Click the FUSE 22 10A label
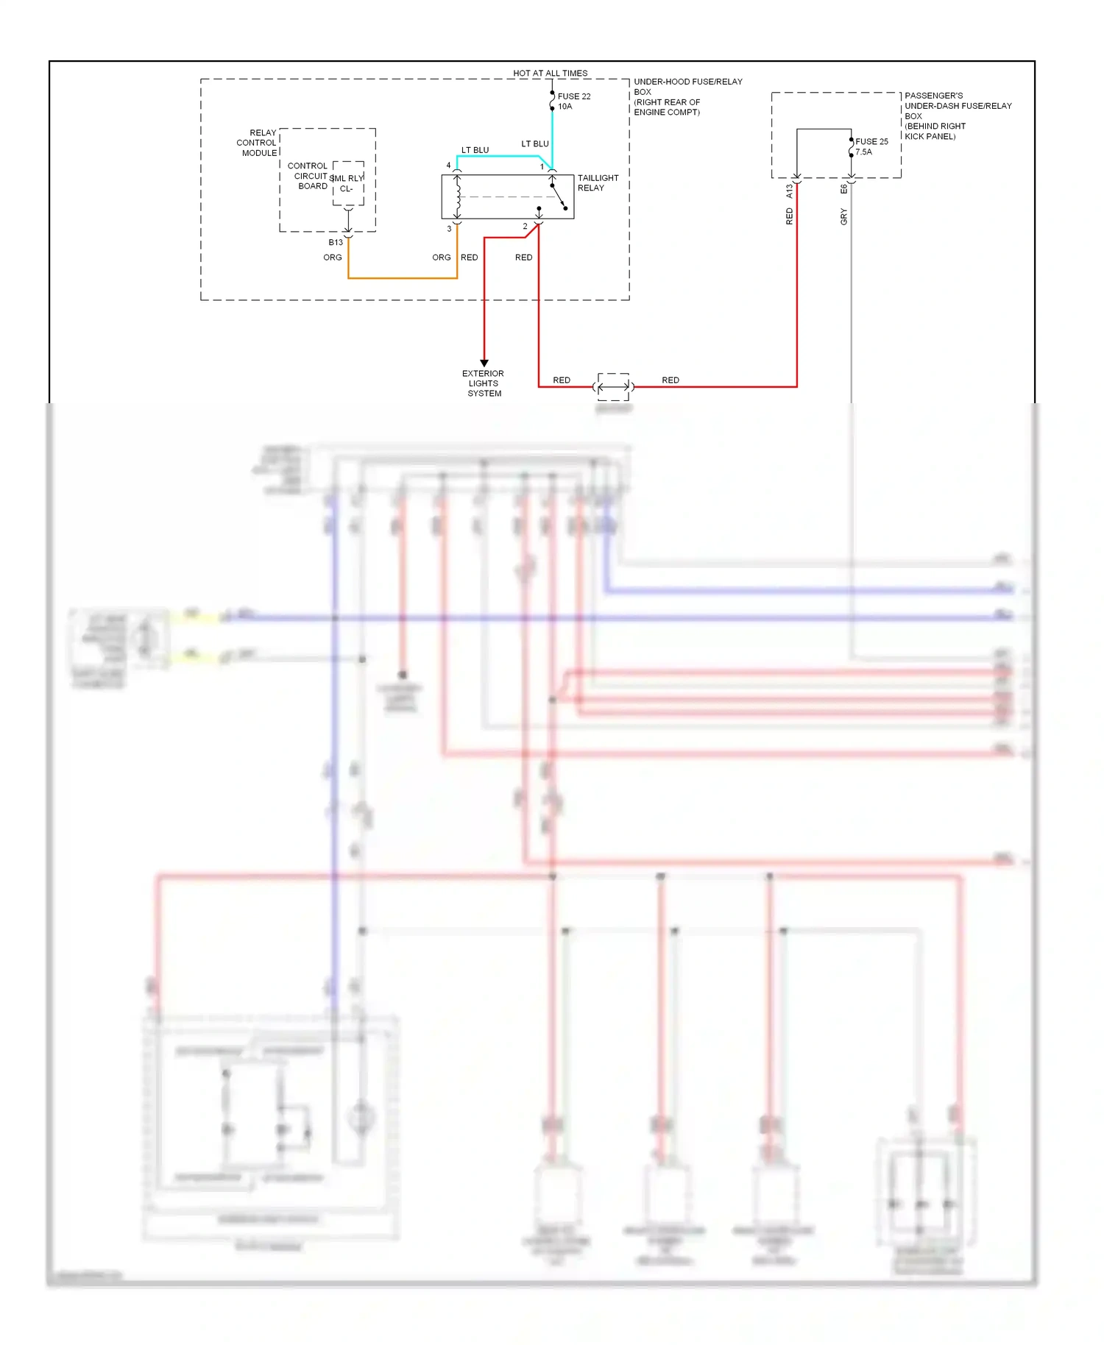[573, 102]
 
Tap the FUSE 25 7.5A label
[871, 146]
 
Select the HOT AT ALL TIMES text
[550, 74]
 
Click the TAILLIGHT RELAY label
[598, 182]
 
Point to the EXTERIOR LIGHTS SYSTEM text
[484, 383]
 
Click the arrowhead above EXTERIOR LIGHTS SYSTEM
[484, 363]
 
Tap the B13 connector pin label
[336, 242]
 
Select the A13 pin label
[789, 191]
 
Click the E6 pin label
[843, 189]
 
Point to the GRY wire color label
[843, 216]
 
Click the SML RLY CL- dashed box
[348, 183]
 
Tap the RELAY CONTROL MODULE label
[258, 143]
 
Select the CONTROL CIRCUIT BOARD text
[308, 176]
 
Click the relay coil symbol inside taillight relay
[458, 196]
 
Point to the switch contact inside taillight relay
[559, 196]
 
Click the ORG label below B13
[333, 258]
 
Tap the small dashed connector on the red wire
[613, 386]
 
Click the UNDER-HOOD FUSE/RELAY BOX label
[687, 96]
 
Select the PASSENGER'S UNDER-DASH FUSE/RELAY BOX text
[957, 116]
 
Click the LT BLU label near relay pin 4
[475, 150]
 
